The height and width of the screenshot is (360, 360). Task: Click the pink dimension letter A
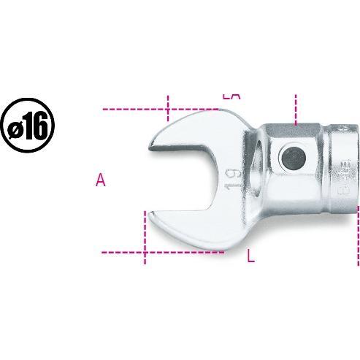pyautogui.click(x=101, y=180)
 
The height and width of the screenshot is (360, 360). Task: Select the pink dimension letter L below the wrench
pyautogui.click(x=250, y=256)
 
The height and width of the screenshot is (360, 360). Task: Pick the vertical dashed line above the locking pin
pyautogui.click(x=296, y=110)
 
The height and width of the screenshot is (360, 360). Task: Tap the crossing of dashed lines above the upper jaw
pyautogui.click(x=168, y=109)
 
